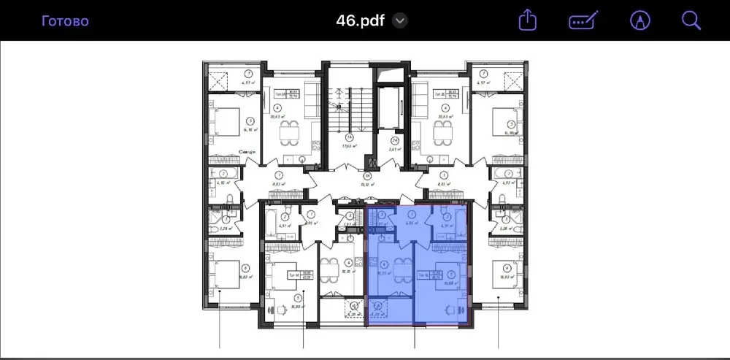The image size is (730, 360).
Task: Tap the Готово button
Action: tap(65, 20)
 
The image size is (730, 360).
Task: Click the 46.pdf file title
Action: tap(360, 20)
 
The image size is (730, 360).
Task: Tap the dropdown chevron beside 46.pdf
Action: tap(399, 20)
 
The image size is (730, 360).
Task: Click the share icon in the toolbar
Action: tap(527, 20)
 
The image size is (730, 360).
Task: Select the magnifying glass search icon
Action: tap(691, 20)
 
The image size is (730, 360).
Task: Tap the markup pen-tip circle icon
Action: tap(640, 20)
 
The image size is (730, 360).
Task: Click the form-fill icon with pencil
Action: tap(584, 20)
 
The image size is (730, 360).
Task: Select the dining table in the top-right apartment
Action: tap(441, 132)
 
